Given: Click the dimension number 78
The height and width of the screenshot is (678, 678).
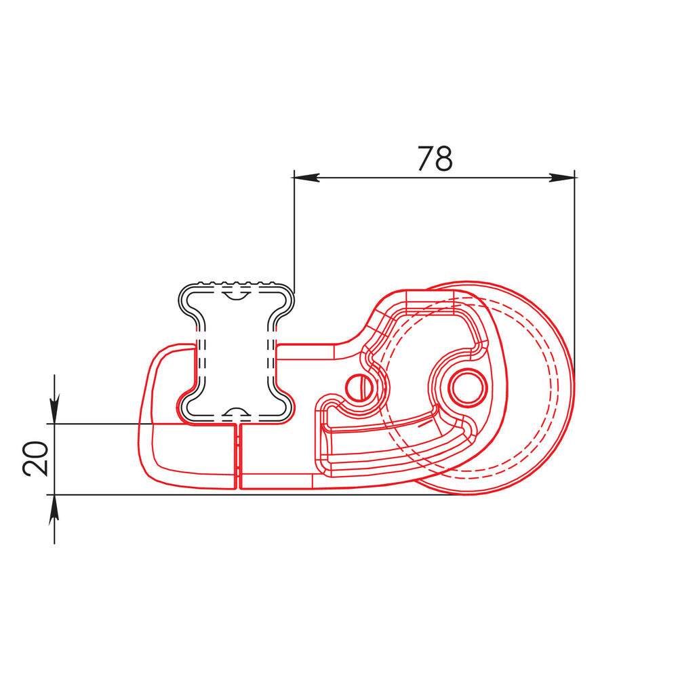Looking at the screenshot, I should [x=434, y=159].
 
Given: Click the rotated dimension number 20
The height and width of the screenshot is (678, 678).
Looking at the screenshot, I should [x=35, y=458].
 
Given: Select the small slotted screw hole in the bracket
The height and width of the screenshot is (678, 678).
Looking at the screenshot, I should [x=359, y=386].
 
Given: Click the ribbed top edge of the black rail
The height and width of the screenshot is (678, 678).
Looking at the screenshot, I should [x=237, y=283].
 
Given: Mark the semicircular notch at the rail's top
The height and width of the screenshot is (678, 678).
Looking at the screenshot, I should [x=236, y=294].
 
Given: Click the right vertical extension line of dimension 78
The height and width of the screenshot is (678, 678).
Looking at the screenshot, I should [x=575, y=271].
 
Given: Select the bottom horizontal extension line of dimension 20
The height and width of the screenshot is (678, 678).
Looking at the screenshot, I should [x=203, y=495].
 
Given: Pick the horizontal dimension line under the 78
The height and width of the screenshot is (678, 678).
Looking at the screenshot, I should [x=434, y=178].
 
